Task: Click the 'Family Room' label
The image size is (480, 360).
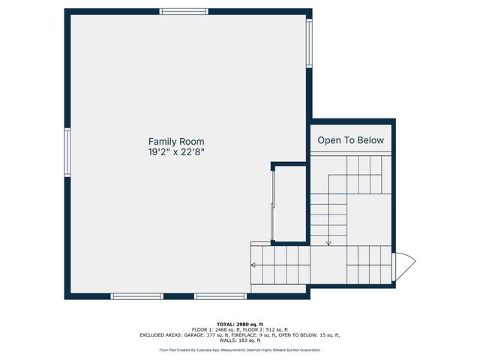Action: (x=175, y=141)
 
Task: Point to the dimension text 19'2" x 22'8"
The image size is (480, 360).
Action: (x=175, y=151)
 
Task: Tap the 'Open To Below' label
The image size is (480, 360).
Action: (x=350, y=140)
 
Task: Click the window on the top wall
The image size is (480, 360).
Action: (x=184, y=11)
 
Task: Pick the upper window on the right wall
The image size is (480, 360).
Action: (x=308, y=43)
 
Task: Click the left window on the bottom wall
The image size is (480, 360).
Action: (x=137, y=296)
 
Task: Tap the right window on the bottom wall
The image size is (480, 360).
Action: (x=220, y=296)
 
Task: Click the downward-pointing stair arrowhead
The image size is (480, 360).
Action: (x=328, y=242)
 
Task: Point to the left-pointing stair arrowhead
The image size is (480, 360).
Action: (x=254, y=265)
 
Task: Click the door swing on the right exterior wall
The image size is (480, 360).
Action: (x=404, y=265)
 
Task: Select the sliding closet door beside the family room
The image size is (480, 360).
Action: (x=274, y=203)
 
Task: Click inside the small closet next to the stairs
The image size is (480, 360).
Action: (x=291, y=203)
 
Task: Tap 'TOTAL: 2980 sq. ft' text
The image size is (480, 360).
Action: (x=240, y=324)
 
